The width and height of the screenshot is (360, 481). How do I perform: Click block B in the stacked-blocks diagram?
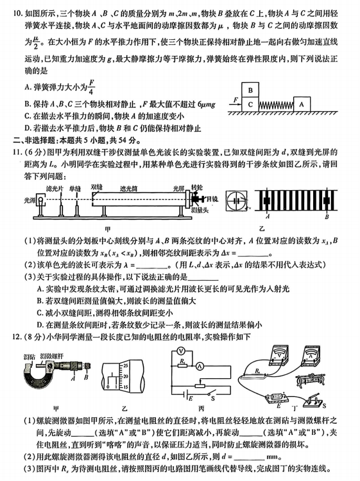pos(250,90)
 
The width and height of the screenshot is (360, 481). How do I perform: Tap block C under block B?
pos(250,105)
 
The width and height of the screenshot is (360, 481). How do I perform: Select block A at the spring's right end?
pos(302,104)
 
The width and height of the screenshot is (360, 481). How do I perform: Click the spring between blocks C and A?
pos(276,105)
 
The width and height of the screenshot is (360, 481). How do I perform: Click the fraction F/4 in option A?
pos(91,87)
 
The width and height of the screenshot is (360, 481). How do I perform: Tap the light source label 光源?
pos(30,200)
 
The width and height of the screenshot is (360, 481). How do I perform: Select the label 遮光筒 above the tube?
pos(128,189)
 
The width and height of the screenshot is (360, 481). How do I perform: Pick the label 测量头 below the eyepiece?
pos(200,210)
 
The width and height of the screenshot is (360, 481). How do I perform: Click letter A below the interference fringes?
pos(268,216)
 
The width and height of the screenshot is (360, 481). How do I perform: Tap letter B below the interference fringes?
pos(327,216)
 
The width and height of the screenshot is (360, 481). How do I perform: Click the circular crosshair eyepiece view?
pos(236,201)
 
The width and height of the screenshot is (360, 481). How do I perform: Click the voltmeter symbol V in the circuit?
pos(181,351)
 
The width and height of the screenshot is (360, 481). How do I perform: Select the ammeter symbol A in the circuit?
pos(200,366)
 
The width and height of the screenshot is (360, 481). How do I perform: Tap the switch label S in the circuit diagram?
pos(213,399)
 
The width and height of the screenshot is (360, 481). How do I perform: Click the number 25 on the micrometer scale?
pos(125,365)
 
